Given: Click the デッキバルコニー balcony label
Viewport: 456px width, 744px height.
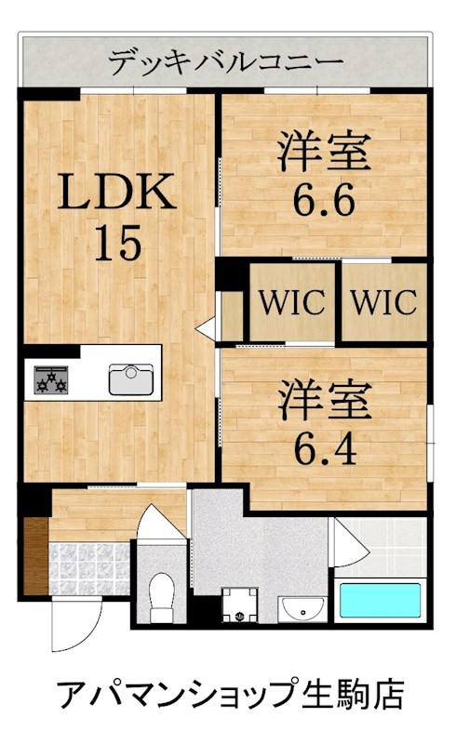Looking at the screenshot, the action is (225, 61).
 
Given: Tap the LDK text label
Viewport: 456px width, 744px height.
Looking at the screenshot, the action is (117, 192).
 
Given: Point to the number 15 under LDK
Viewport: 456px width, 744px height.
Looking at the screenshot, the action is (118, 243).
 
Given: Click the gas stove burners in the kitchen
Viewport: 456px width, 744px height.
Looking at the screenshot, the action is (51, 379).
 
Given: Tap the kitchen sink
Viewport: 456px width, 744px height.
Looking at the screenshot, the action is (131, 379).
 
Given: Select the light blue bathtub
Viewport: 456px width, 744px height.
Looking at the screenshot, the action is (380, 600).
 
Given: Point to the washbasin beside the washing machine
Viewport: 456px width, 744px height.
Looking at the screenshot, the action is (302, 609).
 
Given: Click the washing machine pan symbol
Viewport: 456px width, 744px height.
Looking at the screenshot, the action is (240, 605).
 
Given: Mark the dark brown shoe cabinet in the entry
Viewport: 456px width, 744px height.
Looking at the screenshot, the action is (35, 555).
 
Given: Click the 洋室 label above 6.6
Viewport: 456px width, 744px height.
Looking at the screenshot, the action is (325, 152).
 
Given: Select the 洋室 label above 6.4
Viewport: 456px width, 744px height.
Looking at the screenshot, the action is (325, 400).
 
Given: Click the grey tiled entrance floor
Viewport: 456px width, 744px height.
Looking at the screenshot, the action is (88, 568).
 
